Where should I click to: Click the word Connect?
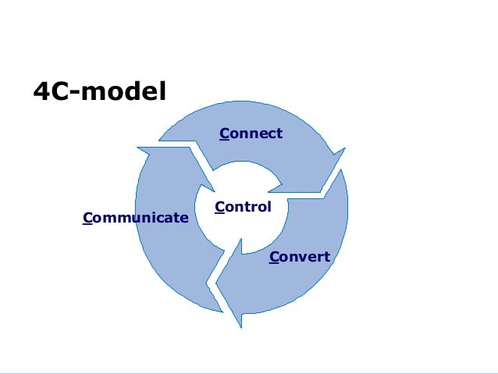(251, 134)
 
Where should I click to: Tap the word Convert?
(300, 257)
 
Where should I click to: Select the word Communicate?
(135, 217)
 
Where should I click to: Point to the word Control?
(243, 208)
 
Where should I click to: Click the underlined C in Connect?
(224, 134)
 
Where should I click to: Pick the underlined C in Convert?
(274, 257)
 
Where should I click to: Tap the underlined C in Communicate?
(87, 217)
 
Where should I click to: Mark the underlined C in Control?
(219, 208)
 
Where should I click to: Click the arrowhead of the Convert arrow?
(231, 301)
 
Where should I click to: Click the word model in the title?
(125, 93)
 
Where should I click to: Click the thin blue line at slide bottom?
(249, 372)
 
